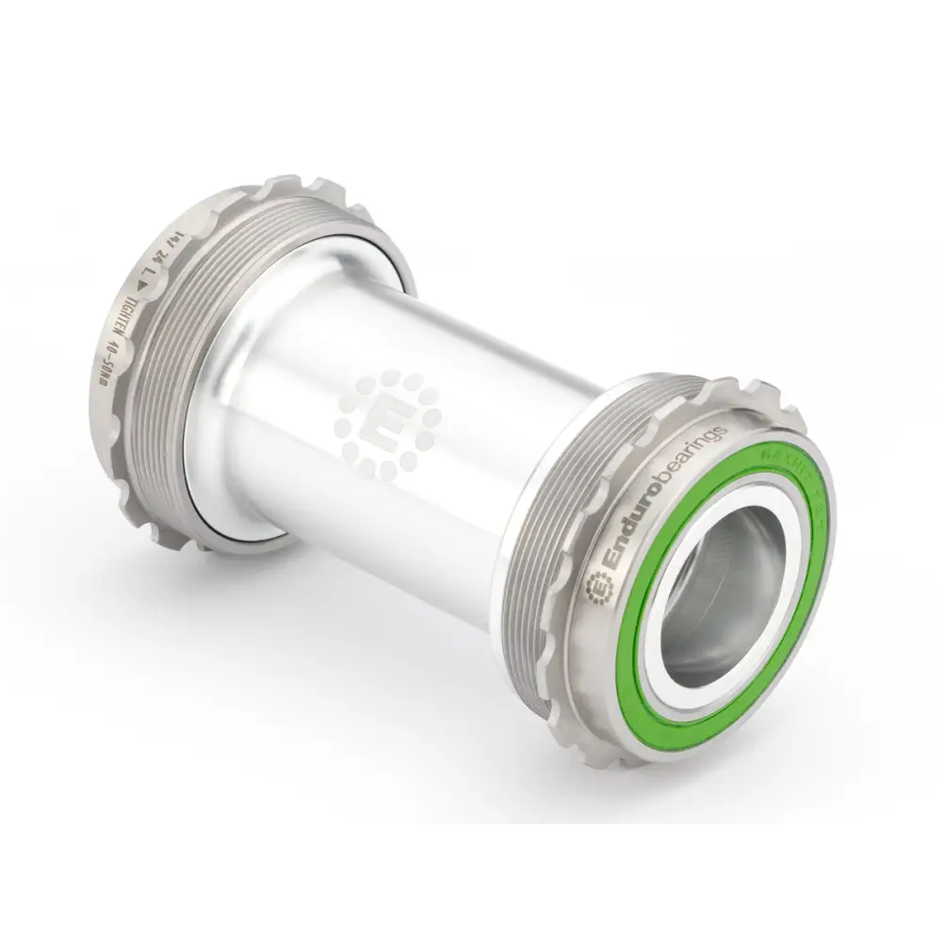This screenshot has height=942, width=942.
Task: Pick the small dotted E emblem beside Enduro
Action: (595, 589)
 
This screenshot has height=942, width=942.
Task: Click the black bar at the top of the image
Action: (471, 57)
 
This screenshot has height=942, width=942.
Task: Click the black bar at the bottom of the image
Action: (471, 885)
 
